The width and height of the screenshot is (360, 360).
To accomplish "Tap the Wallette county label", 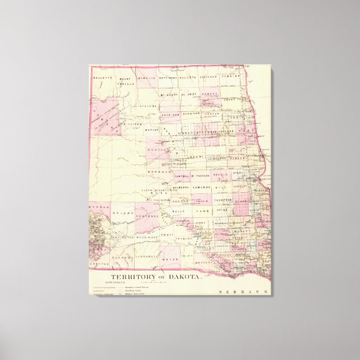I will (x=102, y=77).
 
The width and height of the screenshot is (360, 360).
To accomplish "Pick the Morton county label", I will (x=155, y=150).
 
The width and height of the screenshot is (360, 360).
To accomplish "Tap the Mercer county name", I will (x=152, y=130).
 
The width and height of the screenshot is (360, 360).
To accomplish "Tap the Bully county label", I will (x=178, y=211).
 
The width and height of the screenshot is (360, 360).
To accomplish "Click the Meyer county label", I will (x=169, y=259).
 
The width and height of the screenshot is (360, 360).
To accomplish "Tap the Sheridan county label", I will (x=169, y=114).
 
